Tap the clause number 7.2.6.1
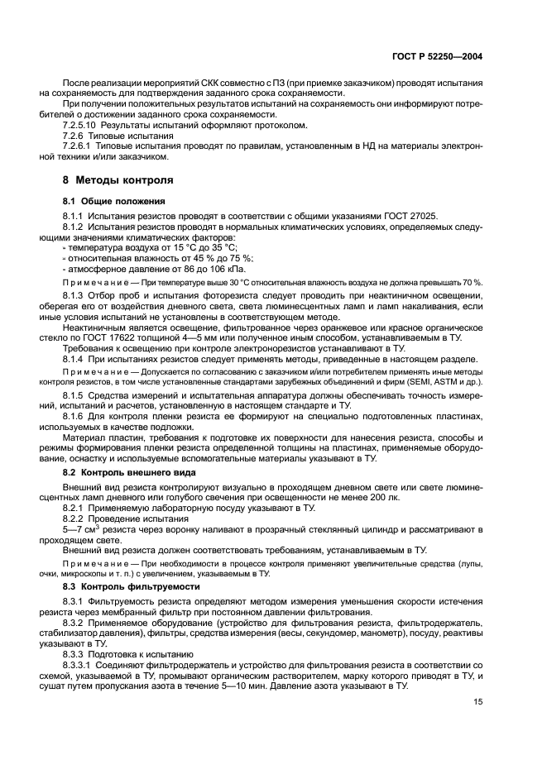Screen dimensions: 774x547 [x=81, y=146]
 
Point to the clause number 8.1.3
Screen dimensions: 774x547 [x=74, y=295]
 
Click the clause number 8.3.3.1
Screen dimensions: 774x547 [x=81, y=665]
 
